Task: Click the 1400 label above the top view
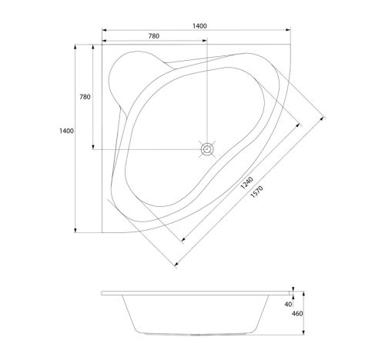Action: click(x=199, y=26)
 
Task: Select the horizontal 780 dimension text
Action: click(x=154, y=36)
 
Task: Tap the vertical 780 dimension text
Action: click(x=85, y=97)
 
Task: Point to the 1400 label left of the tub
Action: click(x=66, y=131)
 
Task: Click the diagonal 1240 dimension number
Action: click(x=246, y=183)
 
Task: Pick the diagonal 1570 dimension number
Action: click(x=256, y=192)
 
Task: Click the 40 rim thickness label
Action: click(x=288, y=305)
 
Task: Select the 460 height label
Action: click(x=297, y=314)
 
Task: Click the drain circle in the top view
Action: click(x=207, y=149)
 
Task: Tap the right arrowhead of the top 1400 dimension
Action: click(x=288, y=30)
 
